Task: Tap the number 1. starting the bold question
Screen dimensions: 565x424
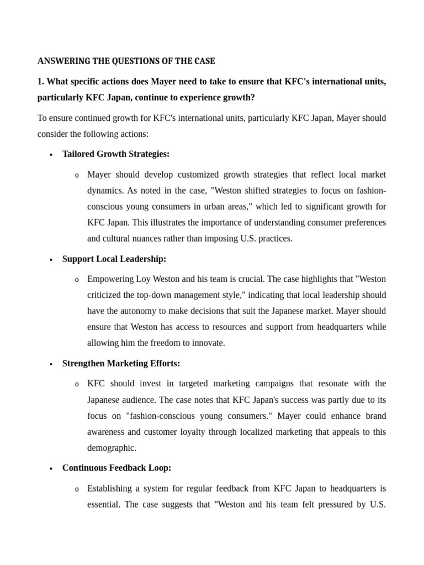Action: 41,82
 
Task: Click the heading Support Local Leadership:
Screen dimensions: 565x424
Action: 114,259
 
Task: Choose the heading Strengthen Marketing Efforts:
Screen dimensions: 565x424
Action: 121,363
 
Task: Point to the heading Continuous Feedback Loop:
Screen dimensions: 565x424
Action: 117,468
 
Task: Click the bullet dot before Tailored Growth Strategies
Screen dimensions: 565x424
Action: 51,155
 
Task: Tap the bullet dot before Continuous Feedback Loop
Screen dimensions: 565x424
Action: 51,469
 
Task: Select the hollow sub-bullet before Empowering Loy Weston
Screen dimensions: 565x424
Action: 77,280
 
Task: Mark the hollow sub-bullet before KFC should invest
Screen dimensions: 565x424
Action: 77,385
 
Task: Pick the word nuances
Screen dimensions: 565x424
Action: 166,239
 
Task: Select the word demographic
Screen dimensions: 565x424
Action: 112,448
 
